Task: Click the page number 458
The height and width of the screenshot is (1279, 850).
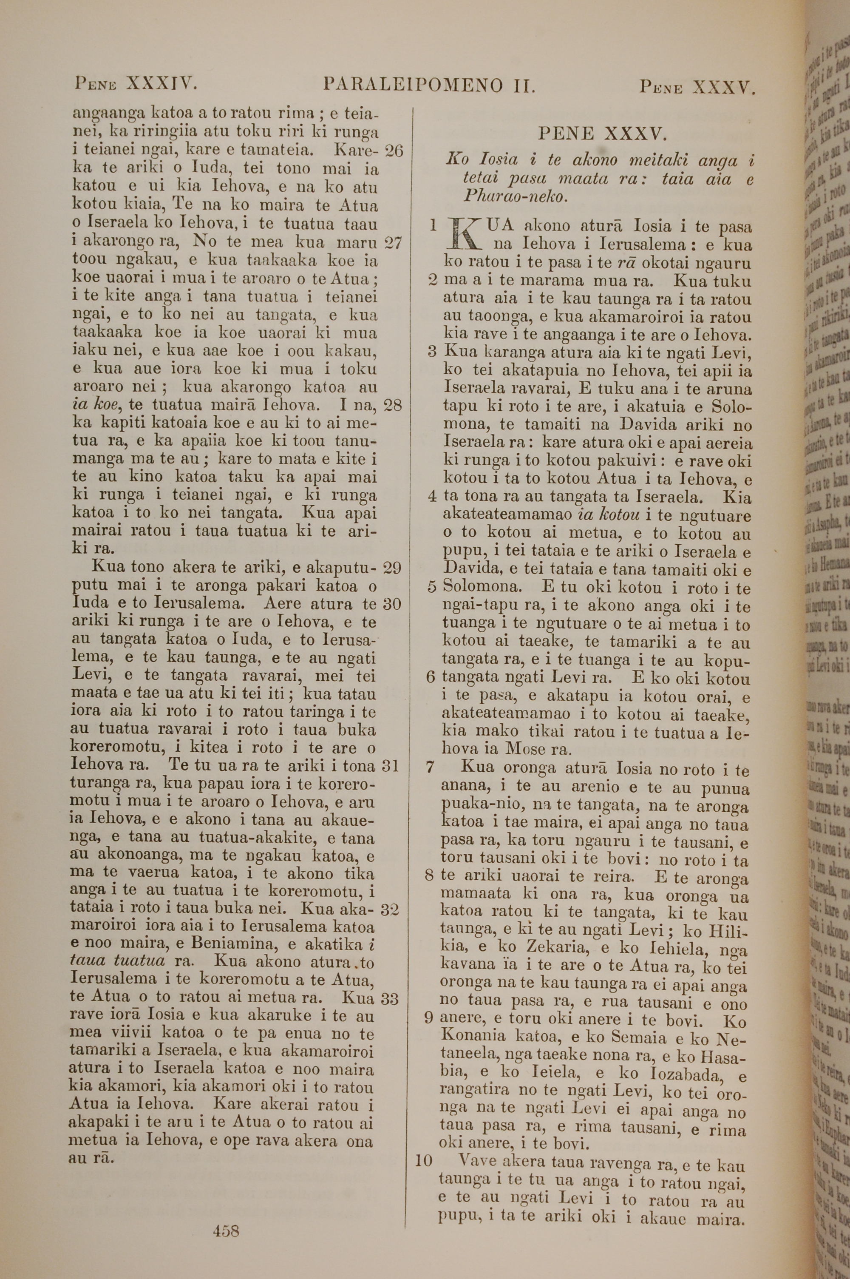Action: (226, 1214)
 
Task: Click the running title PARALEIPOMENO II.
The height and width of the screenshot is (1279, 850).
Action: (429, 85)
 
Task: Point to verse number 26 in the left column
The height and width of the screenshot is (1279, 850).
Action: (393, 150)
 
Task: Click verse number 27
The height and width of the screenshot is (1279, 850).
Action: (392, 242)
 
